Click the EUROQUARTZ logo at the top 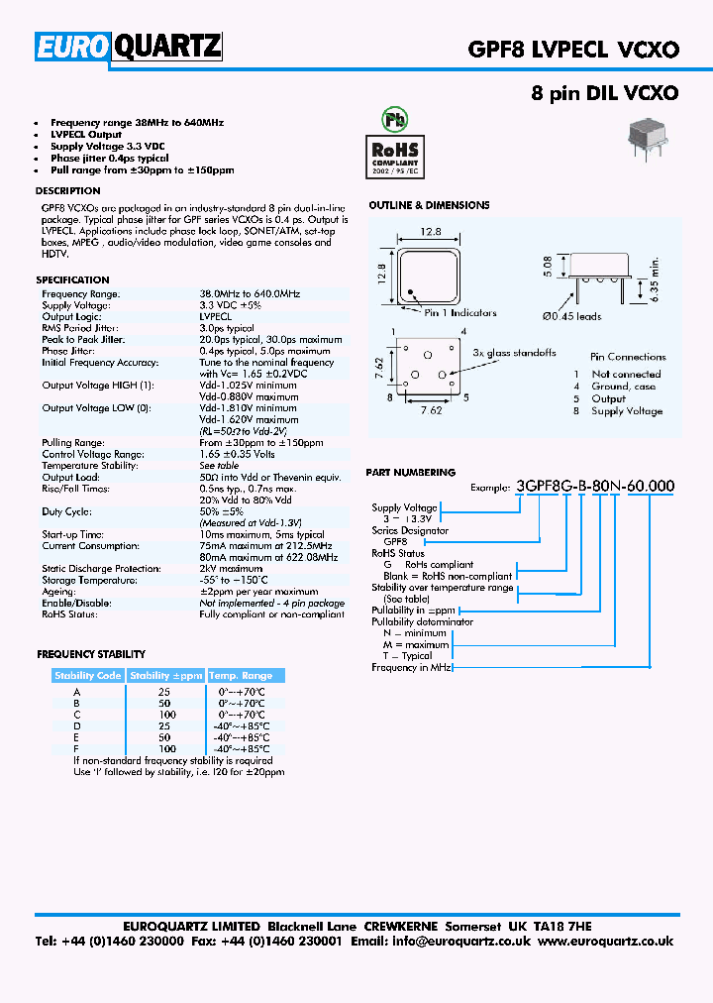[129, 47]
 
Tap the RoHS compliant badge [395, 146]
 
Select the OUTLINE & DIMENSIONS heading [429, 205]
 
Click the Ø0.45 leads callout [571, 316]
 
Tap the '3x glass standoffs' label [514, 353]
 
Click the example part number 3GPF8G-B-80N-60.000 [595, 486]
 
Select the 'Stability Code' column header [88, 675]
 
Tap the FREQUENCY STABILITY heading [91, 654]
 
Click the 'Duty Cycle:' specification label [66, 511]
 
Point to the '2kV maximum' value [232, 568]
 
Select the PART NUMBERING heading [411, 473]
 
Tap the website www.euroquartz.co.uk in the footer [606, 942]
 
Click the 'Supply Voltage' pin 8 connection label [627, 411]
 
